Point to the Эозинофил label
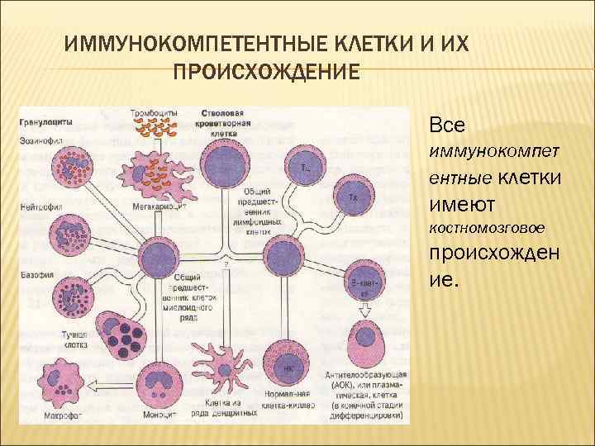click(x=37, y=140)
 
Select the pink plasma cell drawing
click(x=364, y=353)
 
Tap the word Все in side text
click(x=447, y=126)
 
